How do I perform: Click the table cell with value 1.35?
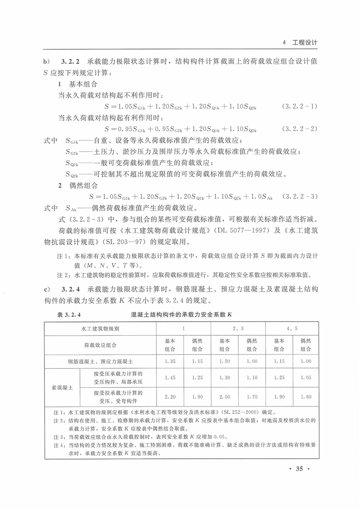(170, 361)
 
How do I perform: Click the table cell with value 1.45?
(170, 377)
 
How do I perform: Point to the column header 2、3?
(238, 328)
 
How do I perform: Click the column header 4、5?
(292, 328)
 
